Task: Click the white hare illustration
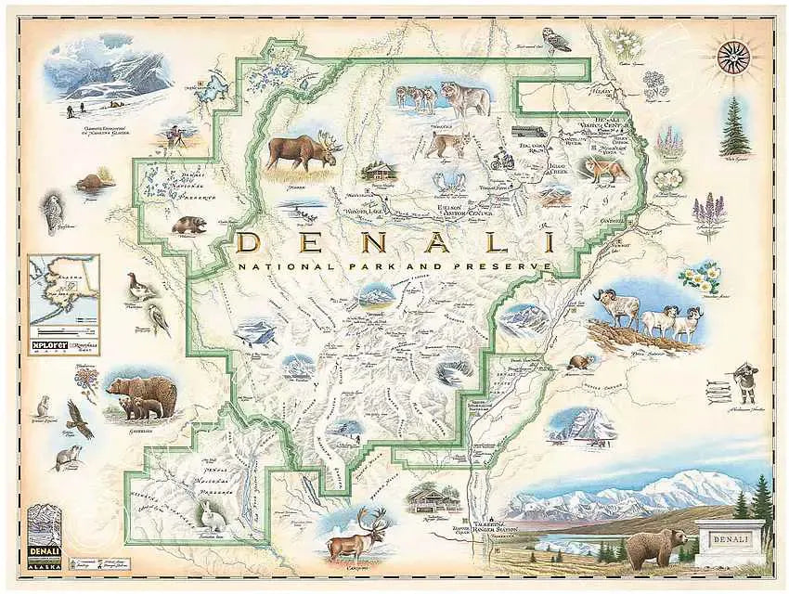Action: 207,515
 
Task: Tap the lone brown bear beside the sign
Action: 655,548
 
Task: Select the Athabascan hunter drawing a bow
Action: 744,381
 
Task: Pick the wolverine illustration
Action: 189,226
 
